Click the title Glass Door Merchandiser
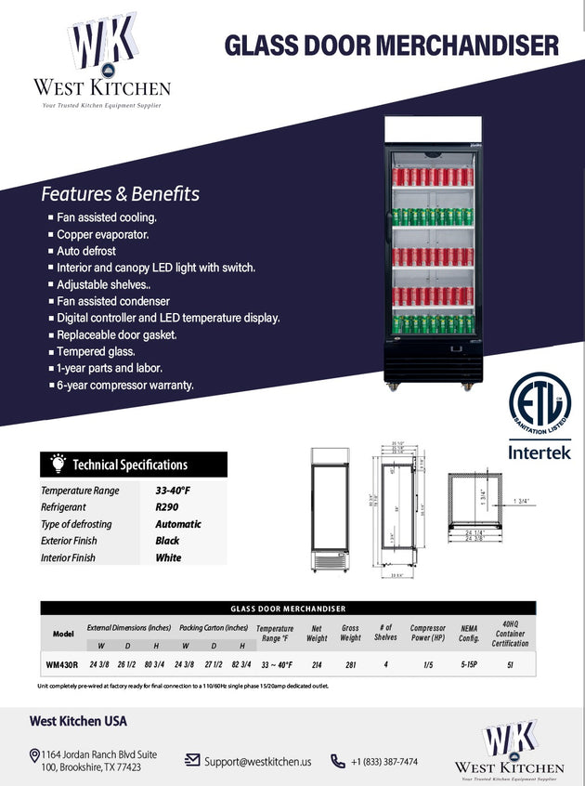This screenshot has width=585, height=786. [392, 44]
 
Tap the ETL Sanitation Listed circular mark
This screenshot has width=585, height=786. [539, 405]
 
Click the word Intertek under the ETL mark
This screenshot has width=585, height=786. [539, 453]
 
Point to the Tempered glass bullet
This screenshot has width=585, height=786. [96, 351]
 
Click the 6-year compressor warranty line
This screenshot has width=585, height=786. [125, 385]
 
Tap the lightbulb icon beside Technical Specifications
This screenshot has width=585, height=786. [58, 464]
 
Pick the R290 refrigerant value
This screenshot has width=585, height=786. [167, 507]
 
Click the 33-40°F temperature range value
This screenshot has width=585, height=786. [173, 490]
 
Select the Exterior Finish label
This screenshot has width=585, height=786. [69, 541]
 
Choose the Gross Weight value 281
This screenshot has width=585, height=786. [350, 664]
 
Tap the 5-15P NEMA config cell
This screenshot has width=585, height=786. [468, 664]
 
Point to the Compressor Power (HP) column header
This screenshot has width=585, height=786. [427, 634]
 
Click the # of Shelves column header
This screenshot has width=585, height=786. [386, 634]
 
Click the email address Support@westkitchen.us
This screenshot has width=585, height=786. [257, 761]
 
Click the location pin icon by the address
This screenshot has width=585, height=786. [33, 755]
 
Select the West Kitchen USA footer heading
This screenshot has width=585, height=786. [78, 721]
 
